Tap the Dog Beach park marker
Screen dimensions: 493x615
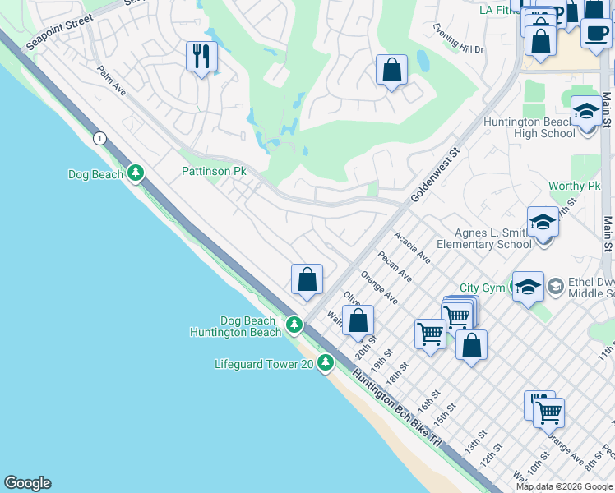pos(136,173)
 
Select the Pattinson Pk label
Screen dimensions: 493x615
pos(214,172)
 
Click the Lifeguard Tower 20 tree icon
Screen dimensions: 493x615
pos(326,362)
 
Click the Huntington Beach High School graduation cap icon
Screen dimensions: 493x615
pos(585,110)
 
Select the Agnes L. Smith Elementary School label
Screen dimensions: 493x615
pos(483,238)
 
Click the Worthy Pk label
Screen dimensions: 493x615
pos(574,187)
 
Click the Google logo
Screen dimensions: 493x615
pos(27,483)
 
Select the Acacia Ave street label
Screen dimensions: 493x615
pos(412,246)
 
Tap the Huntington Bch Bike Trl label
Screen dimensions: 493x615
pos(398,407)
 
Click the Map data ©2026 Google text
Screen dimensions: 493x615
pos(564,486)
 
